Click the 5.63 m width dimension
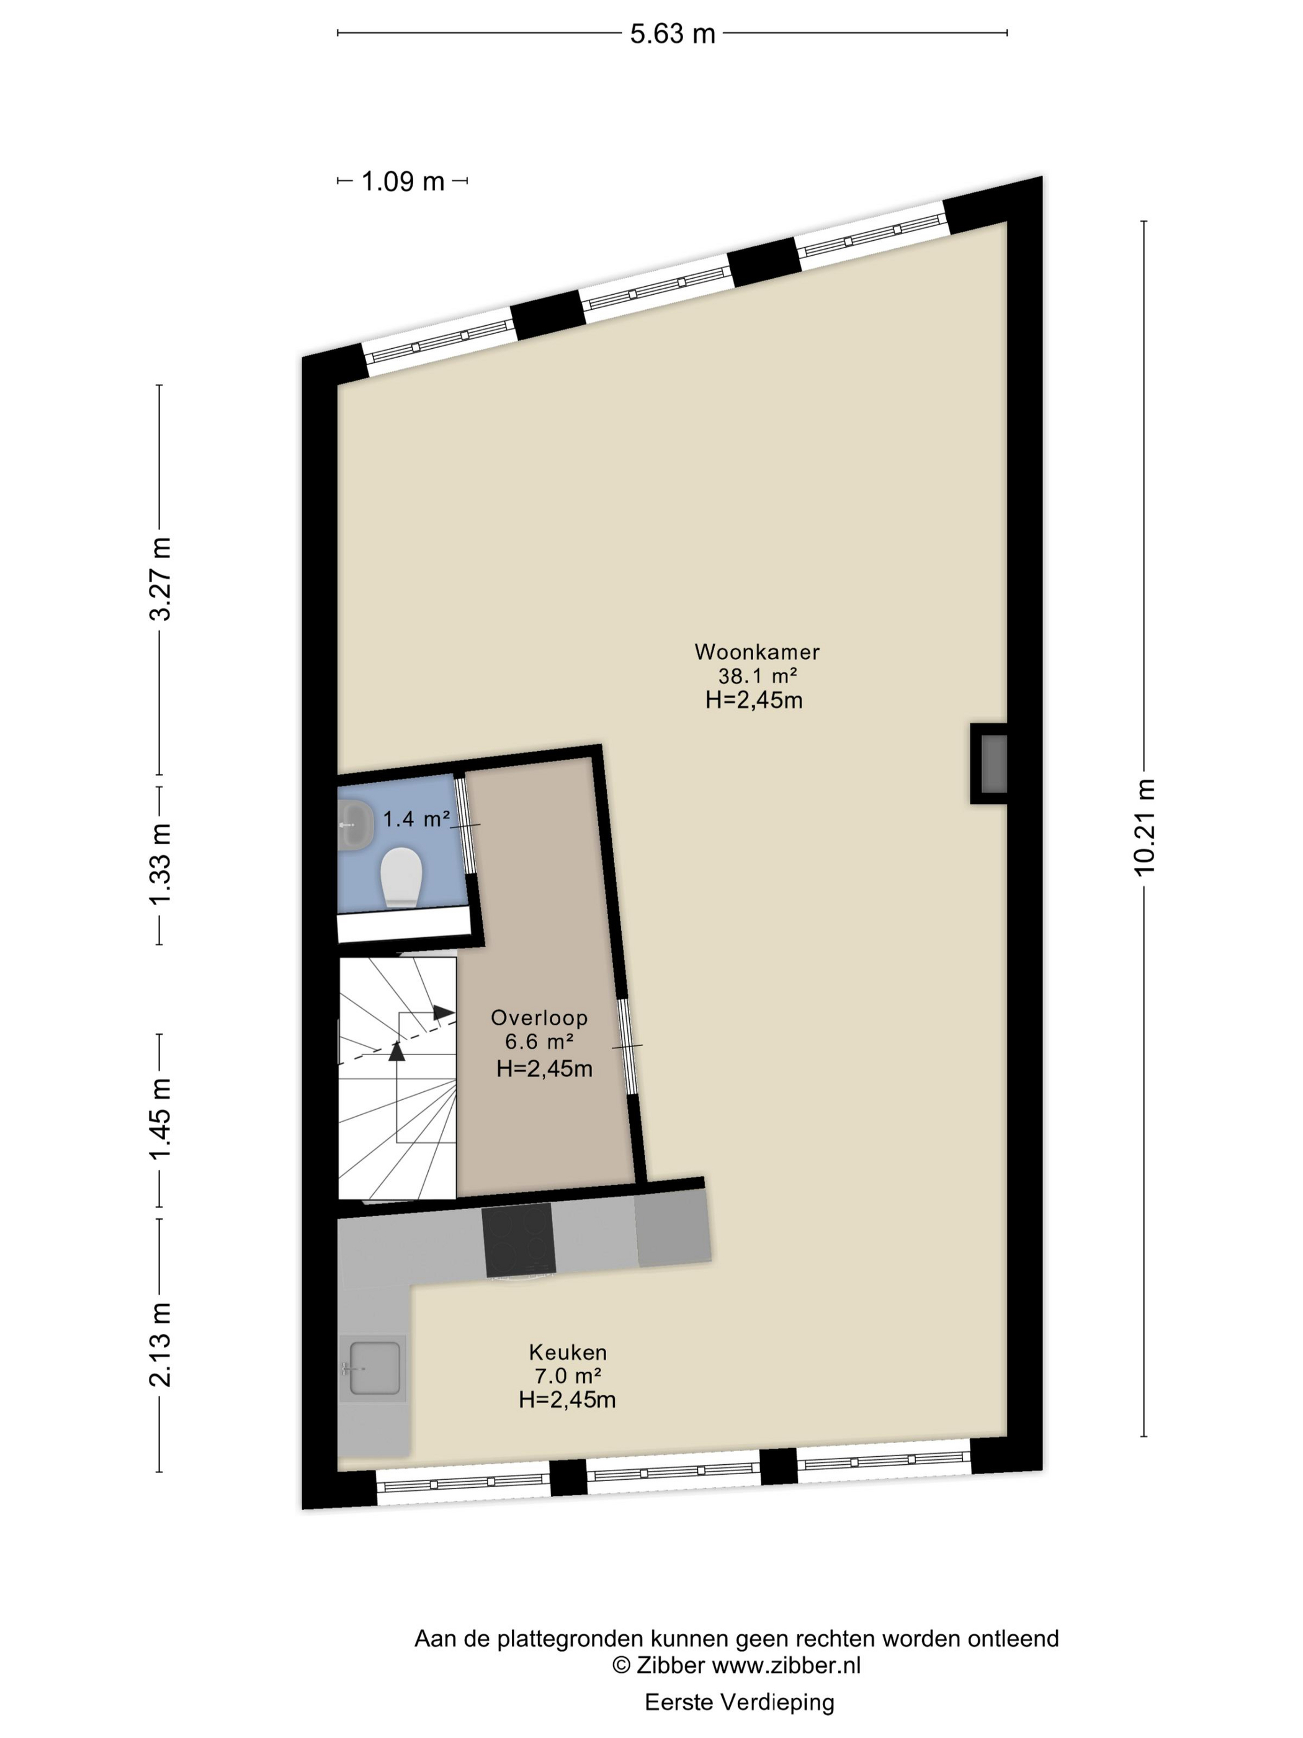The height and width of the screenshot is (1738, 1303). [673, 34]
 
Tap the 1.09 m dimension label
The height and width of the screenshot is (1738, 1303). [403, 181]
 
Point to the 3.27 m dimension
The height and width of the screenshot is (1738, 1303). [160, 579]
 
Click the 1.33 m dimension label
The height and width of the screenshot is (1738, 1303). [160, 864]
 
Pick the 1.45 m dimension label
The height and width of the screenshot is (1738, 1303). [160, 1119]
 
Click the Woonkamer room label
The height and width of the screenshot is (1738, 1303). [757, 651]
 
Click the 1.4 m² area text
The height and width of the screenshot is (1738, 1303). [416, 819]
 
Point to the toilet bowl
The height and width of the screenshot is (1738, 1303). [401, 878]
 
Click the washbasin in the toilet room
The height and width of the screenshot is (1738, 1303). [355, 824]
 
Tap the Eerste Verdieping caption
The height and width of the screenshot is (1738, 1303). [739, 1702]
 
